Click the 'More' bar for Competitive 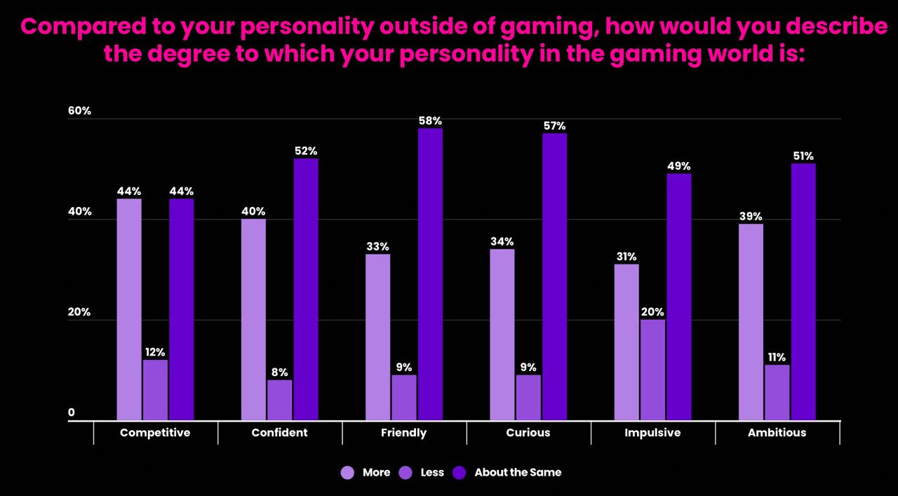click(129, 309)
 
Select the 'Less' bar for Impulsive click(652, 370)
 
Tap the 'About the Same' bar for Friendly click(430, 274)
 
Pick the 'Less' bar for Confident click(279, 400)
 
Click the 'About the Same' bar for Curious click(554, 276)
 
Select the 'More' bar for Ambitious click(751, 322)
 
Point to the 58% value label click(430, 121)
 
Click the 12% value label click(155, 352)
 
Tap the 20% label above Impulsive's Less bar click(652, 312)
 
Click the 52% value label click(306, 151)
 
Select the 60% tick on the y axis click(79, 111)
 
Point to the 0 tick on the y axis click(72, 413)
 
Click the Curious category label click(528, 433)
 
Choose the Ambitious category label click(777, 433)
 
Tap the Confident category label click(279, 433)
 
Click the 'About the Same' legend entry click(517, 473)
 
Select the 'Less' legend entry click(431, 473)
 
